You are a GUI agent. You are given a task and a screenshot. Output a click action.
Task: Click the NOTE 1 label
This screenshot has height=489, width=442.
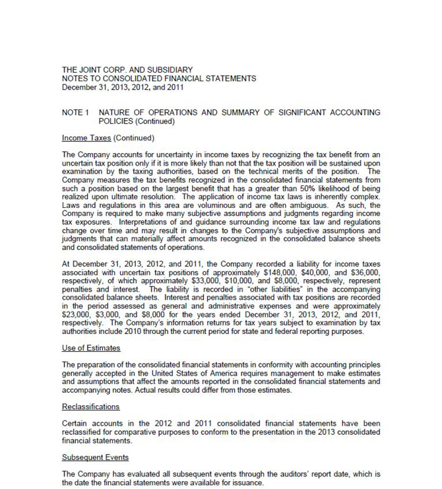tap(75, 113)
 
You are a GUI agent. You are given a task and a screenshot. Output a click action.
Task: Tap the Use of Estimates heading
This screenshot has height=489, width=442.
tap(91, 348)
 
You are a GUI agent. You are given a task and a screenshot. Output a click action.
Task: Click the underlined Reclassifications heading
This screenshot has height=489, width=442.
tap(90, 407)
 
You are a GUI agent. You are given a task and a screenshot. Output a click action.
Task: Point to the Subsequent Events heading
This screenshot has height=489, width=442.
tap(95, 457)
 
